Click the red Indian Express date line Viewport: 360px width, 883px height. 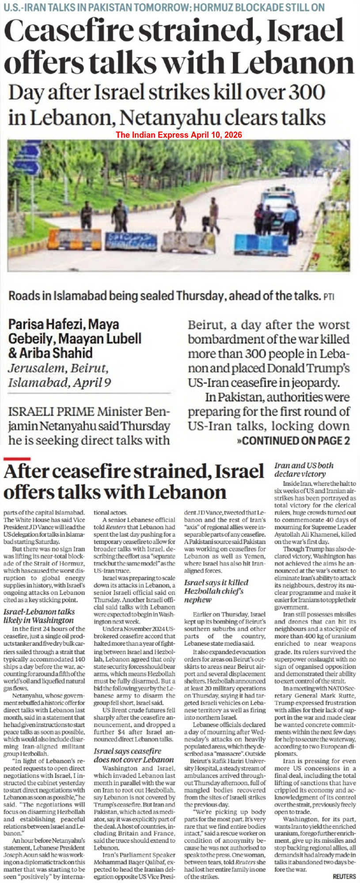point(179,135)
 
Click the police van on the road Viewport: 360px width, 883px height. point(278,204)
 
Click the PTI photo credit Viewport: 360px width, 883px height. point(329,297)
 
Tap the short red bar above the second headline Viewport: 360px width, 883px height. point(17,460)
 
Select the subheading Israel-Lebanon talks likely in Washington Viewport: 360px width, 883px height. point(39,616)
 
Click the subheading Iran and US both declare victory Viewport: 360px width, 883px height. point(304,469)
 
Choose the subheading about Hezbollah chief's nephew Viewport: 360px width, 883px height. point(216,591)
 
